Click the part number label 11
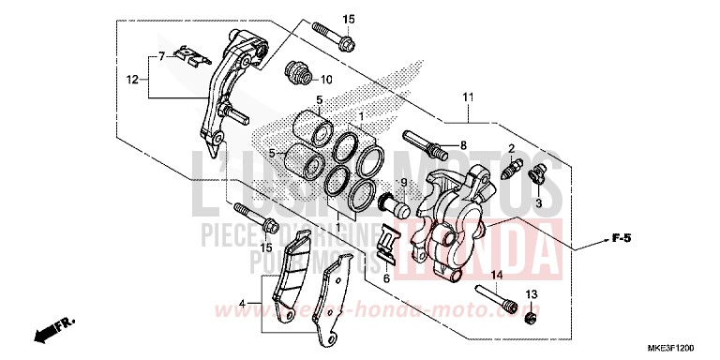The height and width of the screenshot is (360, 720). click(466, 97)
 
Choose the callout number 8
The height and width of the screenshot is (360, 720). click(462, 145)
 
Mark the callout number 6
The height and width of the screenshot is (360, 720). click(386, 278)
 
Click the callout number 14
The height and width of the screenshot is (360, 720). click(497, 274)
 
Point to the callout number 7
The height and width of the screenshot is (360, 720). click(160, 57)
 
